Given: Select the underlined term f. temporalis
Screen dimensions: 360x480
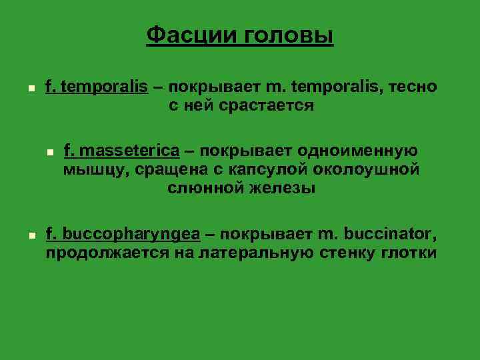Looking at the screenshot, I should [x=96, y=87].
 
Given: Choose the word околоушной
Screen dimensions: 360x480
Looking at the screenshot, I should [x=367, y=169].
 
